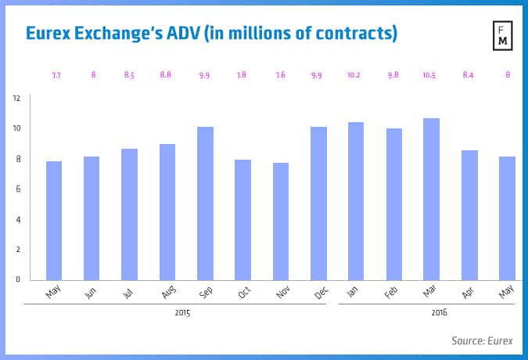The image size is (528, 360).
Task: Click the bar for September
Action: click(x=205, y=203)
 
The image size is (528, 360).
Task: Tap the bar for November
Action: click(x=281, y=221)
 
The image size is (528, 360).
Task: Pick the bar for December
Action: click(x=318, y=203)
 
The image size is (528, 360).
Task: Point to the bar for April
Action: click(x=469, y=215)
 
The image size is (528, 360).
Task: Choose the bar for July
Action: click(x=129, y=214)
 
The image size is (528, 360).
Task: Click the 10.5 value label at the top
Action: click(x=432, y=75)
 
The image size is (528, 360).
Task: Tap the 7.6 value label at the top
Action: click(x=281, y=75)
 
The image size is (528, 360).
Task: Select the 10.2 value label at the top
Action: click(x=356, y=75)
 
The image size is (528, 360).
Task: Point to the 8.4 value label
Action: click(x=469, y=75)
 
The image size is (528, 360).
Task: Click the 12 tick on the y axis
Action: click(x=16, y=99)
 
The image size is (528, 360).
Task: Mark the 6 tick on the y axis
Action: click(x=18, y=189)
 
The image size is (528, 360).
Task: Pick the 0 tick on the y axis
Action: click(x=18, y=279)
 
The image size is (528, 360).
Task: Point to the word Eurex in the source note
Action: click(x=501, y=340)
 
